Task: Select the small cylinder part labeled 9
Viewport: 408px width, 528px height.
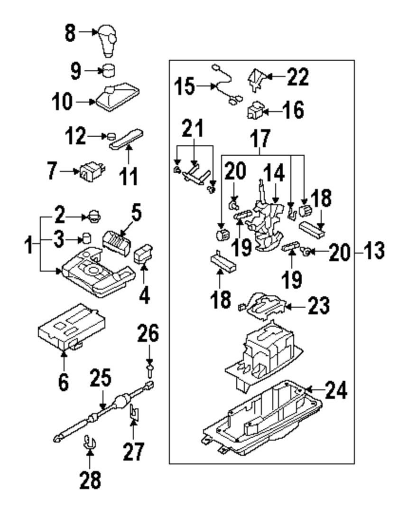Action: pos(110,71)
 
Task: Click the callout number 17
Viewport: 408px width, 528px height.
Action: pos(260,139)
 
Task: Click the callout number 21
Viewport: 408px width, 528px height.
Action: pos(194,129)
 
